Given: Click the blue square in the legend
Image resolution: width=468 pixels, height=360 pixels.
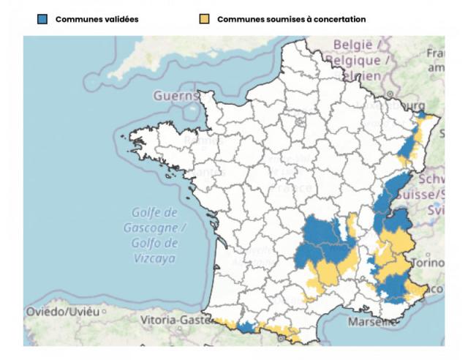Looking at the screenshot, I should click(x=42, y=19).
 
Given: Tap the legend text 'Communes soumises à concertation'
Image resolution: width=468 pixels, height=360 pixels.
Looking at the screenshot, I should click(x=291, y=19).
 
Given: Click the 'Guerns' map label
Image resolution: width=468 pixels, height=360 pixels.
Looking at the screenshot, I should click(x=175, y=96).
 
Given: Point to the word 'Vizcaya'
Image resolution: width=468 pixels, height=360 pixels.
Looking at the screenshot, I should click(x=155, y=258).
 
